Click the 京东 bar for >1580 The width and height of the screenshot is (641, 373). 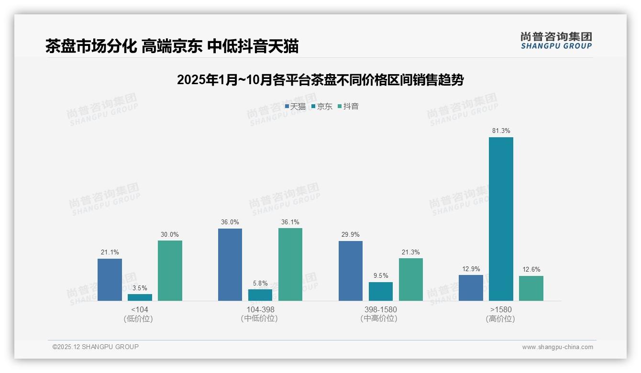[501, 219]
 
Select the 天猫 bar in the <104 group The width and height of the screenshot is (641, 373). [110, 280]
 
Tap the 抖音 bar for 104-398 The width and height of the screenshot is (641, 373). [290, 264]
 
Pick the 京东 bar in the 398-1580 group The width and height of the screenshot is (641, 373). [380, 291]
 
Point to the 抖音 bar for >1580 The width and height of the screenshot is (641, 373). [531, 288]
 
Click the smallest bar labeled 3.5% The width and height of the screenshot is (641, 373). [140, 297]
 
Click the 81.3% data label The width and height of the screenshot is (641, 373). [501, 131]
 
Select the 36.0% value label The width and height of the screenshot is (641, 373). [230, 222]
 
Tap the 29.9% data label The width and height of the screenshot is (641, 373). [351, 234]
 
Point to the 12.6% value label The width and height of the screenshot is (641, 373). [531, 269]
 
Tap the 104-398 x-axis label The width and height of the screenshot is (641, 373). [260, 309]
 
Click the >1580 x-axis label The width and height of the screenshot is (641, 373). [501, 309]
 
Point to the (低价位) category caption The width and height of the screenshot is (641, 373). [139, 318]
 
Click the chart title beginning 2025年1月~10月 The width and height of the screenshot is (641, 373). [320, 80]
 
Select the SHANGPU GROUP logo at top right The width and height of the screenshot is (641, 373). [556, 41]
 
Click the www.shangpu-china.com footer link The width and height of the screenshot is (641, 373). [557, 347]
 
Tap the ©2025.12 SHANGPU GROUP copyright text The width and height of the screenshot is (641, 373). [96, 347]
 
